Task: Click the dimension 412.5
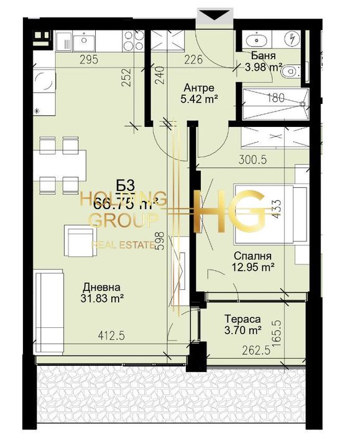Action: pyautogui.click(x=112, y=336)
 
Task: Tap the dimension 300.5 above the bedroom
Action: pyautogui.click(x=252, y=159)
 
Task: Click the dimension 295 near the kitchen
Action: pyautogui.click(x=89, y=60)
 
